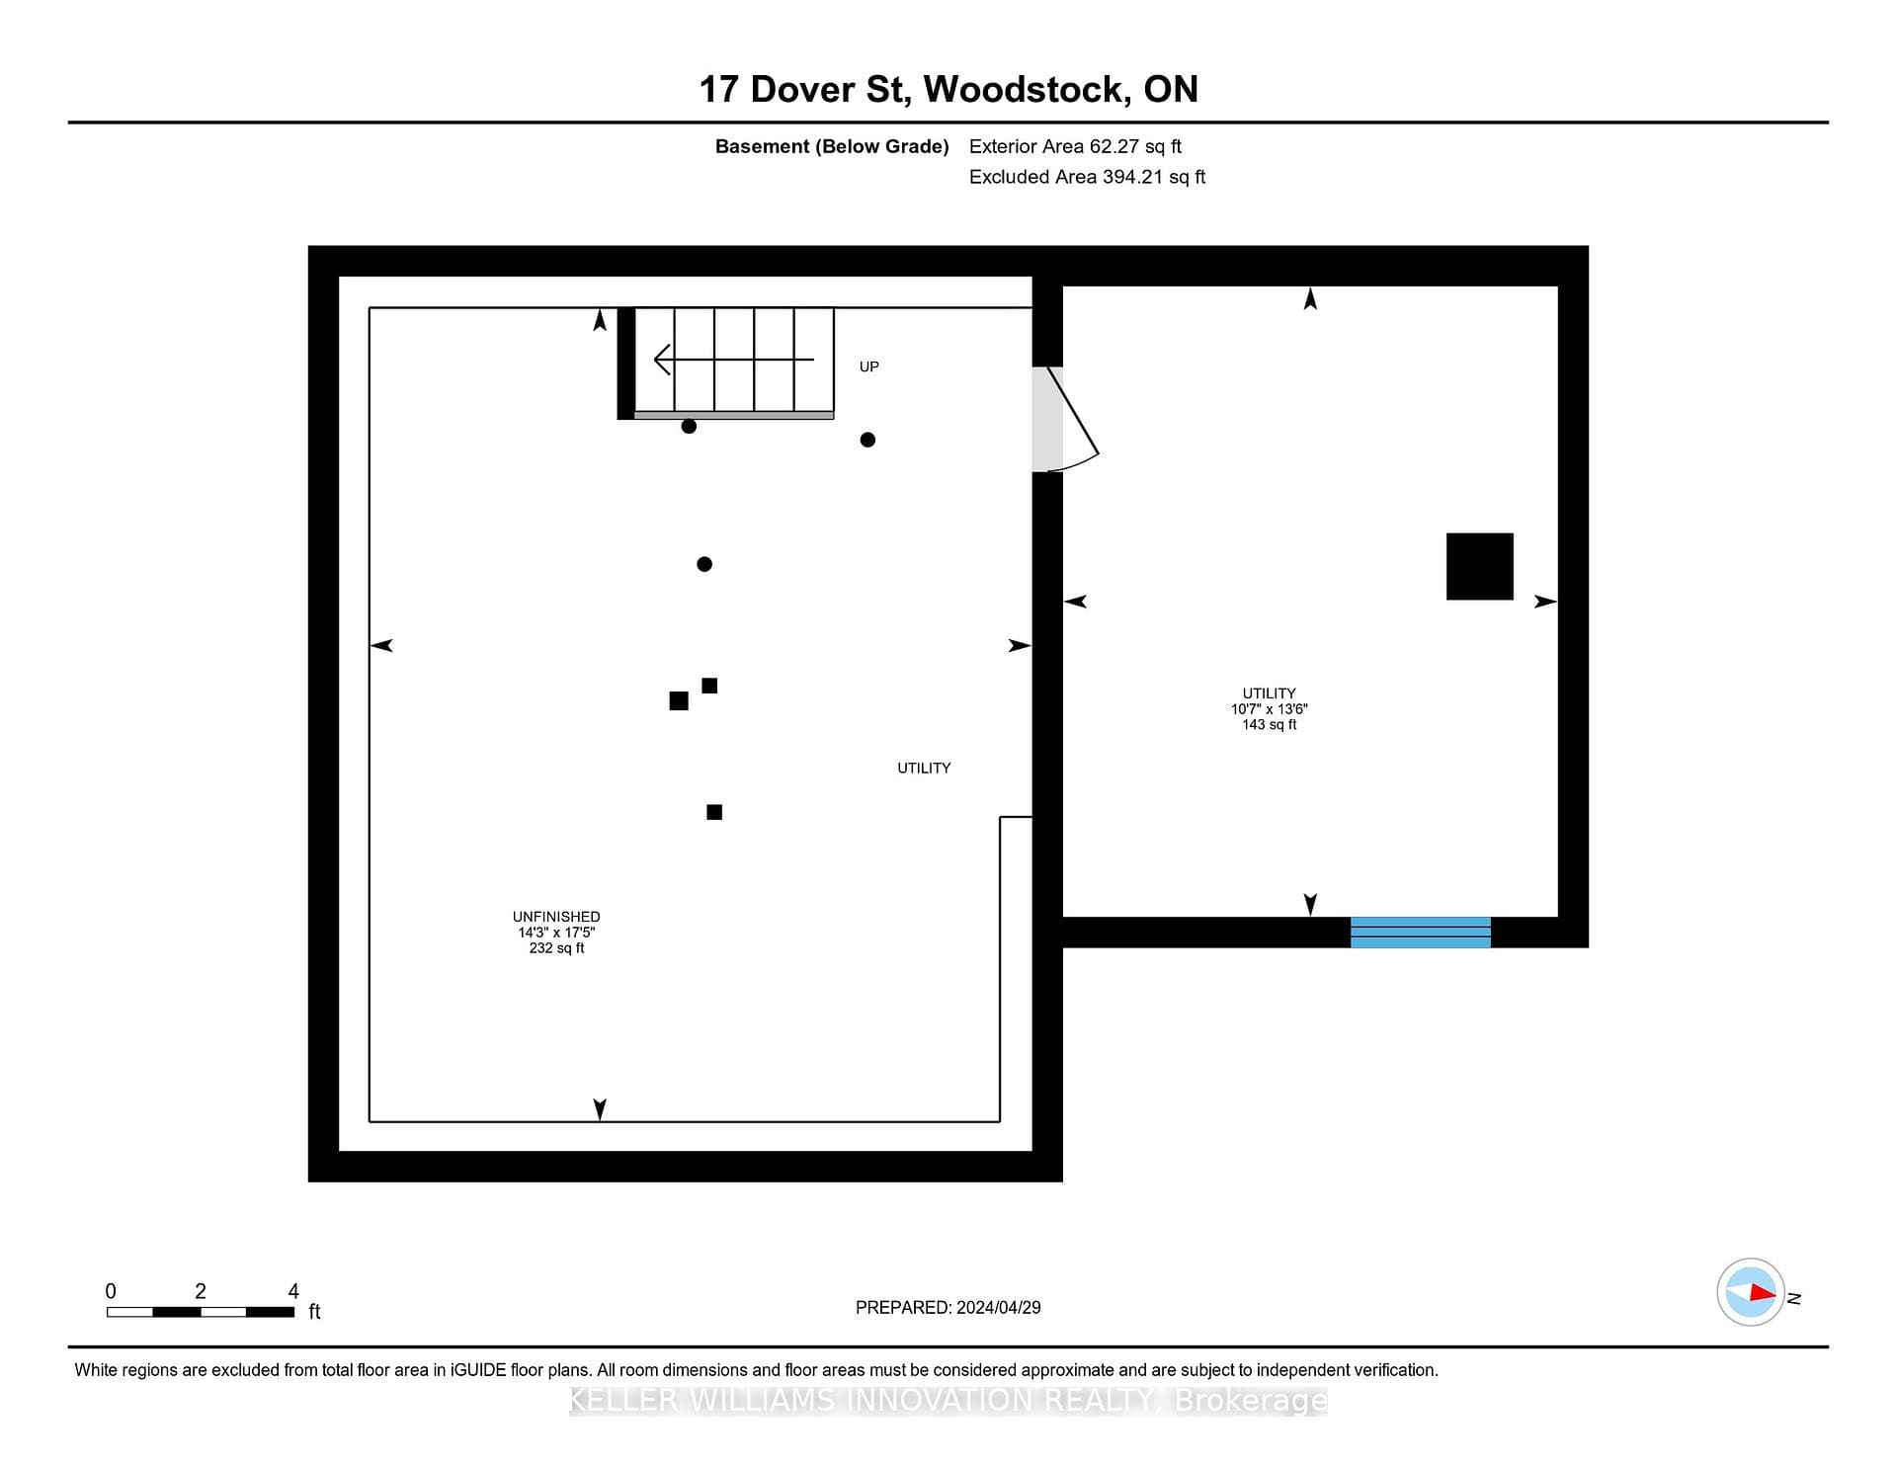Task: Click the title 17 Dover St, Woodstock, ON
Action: point(948,89)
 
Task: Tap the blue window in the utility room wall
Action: point(1420,932)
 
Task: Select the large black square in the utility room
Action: point(1479,566)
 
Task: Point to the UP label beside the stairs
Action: point(868,366)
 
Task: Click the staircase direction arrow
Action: point(734,359)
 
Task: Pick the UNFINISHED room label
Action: point(556,917)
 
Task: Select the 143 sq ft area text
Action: point(1269,724)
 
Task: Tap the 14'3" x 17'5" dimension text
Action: point(556,933)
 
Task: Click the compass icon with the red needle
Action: point(1751,1292)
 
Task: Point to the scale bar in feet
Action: point(201,1312)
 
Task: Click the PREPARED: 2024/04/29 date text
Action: point(948,1307)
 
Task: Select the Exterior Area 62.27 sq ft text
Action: point(1075,146)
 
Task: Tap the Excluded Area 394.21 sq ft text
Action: point(1087,177)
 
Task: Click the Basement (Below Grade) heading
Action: point(832,146)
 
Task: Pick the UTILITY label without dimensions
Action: point(924,768)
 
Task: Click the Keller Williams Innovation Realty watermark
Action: point(948,1400)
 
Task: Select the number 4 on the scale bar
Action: point(293,1290)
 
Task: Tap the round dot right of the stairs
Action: point(867,440)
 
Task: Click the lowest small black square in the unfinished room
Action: point(714,812)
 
